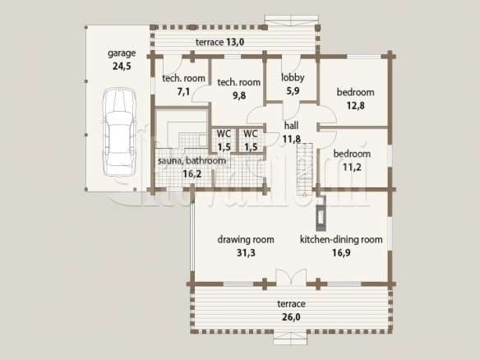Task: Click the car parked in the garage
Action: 119,132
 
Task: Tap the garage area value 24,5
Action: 122,66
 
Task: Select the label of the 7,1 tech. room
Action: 183,78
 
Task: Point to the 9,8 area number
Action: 239,95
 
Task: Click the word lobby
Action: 293,77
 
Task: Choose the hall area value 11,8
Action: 292,139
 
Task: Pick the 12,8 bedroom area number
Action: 355,105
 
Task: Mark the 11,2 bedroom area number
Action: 352,167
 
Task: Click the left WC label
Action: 224,134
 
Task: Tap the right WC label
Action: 251,134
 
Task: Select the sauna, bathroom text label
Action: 192,161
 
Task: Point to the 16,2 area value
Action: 192,174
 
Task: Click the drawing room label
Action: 246,239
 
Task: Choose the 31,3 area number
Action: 246,252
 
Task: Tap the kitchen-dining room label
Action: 341,239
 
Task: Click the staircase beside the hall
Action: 305,169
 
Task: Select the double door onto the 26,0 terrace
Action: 291,277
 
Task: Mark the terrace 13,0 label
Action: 219,42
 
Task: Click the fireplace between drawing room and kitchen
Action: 321,214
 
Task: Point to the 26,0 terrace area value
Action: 292,317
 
